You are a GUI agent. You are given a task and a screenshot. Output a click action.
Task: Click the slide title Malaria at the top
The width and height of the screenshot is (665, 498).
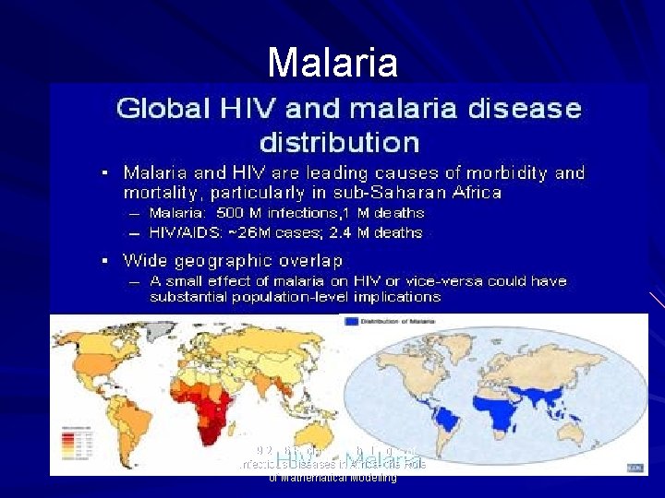click(x=332, y=63)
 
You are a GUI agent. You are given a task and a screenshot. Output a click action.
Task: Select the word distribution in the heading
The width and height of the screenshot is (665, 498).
click(x=339, y=143)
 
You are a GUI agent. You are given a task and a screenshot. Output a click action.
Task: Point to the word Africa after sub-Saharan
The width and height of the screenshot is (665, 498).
click(x=471, y=193)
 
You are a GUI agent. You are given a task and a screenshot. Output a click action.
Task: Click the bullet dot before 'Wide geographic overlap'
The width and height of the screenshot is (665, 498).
click(x=106, y=261)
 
